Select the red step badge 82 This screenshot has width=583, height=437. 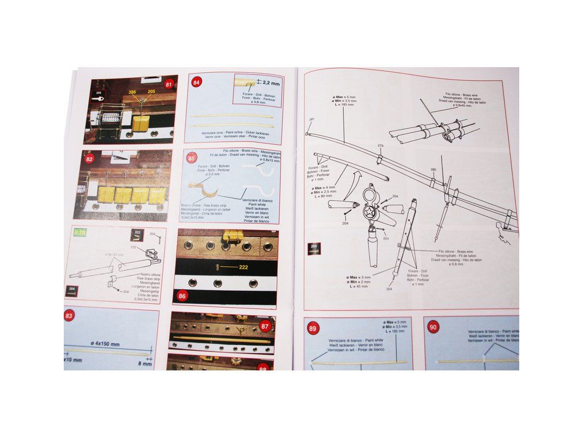pyautogui.click(x=89, y=159)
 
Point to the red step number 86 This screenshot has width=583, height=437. pyautogui.click(x=182, y=296)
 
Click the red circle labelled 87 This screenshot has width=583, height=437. pyautogui.click(x=265, y=326)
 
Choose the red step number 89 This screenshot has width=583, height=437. pyautogui.click(x=313, y=328)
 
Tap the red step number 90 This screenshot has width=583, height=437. pyautogui.click(x=433, y=327)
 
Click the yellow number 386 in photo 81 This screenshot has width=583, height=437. pyautogui.click(x=133, y=92)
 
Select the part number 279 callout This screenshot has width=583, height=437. pyautogui.click(x=380, y=146)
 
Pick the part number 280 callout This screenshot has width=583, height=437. pyautogui.click(x=433, y=170)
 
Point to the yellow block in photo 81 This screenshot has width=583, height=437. pyautogui.click(x=141, y=123)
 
